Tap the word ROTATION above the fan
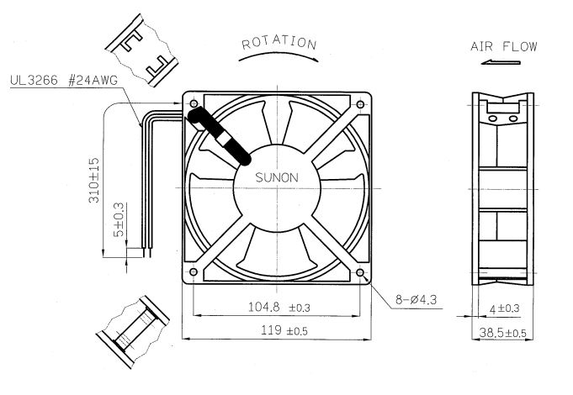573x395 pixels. (x=279, y=43)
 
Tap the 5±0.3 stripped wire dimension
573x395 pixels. (x=118, y=224)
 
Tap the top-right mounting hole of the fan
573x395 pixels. (x=361, y=104)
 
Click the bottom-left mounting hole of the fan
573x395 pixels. (x=194, y=272)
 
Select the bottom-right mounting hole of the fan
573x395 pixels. (x=361, y=272)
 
